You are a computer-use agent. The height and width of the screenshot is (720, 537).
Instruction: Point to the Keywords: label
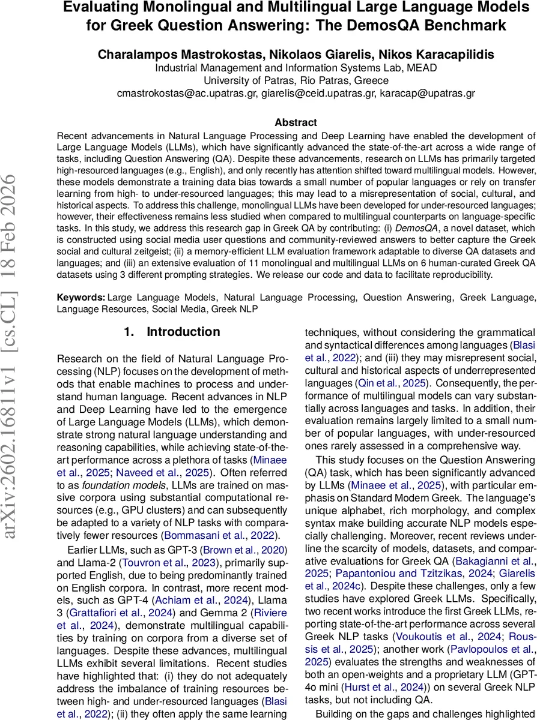click(81, 297)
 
